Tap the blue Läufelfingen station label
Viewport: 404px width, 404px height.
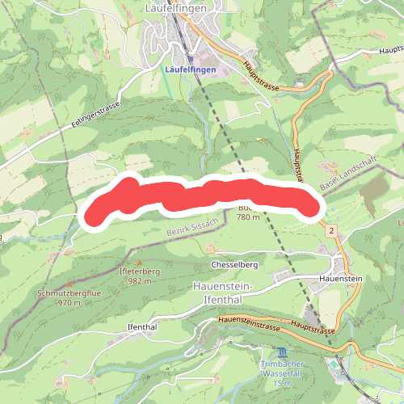coord(189,70)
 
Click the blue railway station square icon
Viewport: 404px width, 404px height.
coord(190,58)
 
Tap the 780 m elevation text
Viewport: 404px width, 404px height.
coord(249,217)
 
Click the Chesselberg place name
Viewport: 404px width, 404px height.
coord(234,265)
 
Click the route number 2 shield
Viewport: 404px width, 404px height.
coord(331,232)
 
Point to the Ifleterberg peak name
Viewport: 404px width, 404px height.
coord(140,272)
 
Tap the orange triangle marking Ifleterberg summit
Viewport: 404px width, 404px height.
coord(140,263)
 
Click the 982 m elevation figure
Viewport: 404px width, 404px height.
coord(140,281)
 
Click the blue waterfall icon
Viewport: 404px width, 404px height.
coord(281,354)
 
